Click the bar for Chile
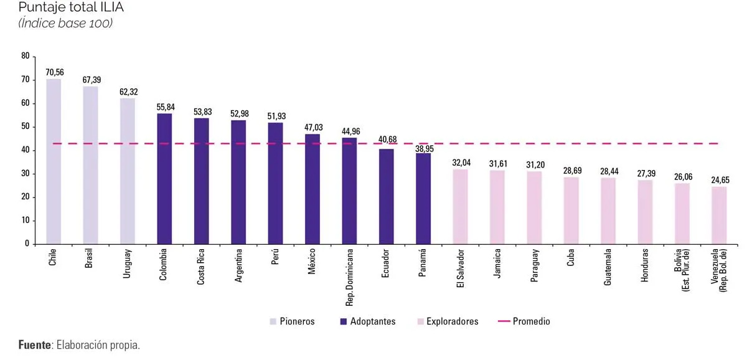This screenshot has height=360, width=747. [x=54, y=161]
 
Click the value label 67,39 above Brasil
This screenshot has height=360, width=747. [x=92, y=80]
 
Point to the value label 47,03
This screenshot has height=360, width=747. [x=313, y=128]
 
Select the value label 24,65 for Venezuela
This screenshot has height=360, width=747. [x=719, y=180]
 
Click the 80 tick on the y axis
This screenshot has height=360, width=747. [x=26, y=56]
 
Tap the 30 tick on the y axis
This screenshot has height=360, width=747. [x=26, y=174]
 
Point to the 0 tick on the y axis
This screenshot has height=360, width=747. [x=27, y=244]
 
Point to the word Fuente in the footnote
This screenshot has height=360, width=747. [x=35, y=345]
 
